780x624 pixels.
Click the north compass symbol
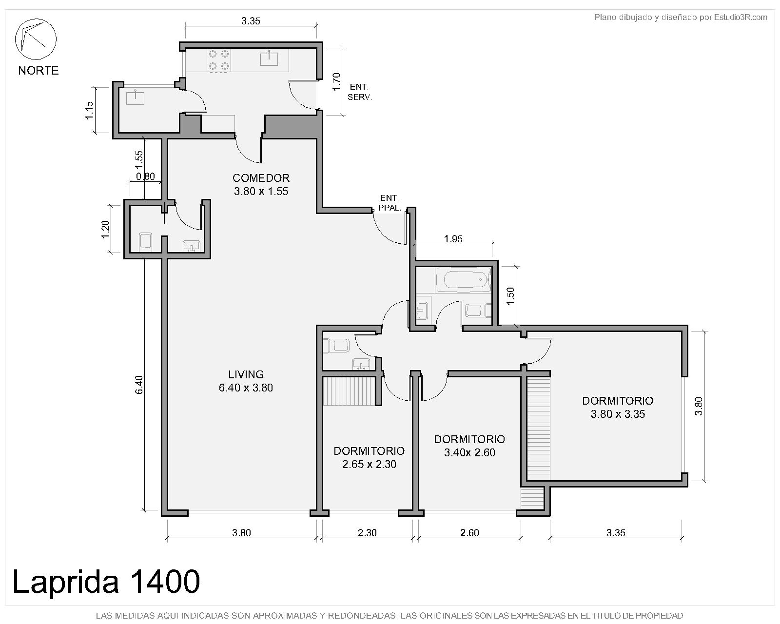coord(36,39)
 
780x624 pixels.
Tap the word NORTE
coord(39,70)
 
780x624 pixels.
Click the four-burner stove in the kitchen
coord(219,60)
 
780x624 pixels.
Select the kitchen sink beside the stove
coord(269,58)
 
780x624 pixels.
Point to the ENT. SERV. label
coord(360,92)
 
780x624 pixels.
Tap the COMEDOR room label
coord(261,185)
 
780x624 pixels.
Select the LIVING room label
coord(246,381)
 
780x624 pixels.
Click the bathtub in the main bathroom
coord(464,280)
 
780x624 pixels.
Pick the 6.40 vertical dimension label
coord(139,385)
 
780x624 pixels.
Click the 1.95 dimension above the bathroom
coord(453,239)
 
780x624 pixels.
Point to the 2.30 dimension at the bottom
coord(367,533)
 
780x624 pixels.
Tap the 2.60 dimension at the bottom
coord(469,533)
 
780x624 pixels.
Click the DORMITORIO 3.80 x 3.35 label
coord(618,407)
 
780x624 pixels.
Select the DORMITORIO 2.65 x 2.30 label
coord(369,457)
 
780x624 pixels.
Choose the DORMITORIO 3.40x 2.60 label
coord(469,446)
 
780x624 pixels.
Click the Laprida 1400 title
coord(106,582)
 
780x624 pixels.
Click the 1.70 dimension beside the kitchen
coord(336,82)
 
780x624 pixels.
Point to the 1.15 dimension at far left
coord(89,110)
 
